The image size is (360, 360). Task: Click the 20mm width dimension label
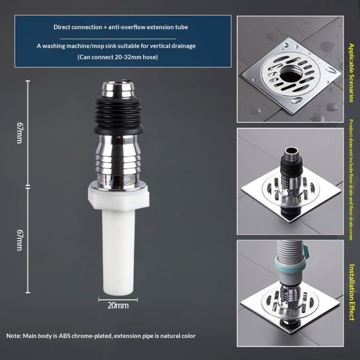(118, 306)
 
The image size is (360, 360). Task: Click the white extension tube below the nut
(118, 252)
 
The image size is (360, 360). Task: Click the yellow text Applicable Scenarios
(351, 72)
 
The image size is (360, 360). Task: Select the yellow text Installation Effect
(352, 292)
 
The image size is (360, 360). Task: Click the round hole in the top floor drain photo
(291, 73)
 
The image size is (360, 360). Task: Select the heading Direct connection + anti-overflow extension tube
(121, 27)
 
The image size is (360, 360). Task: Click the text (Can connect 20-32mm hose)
(117, 57)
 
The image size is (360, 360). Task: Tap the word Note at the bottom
(13, 336)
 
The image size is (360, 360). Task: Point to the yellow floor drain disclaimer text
(351, 180)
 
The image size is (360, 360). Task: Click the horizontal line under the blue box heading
(117, 39)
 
